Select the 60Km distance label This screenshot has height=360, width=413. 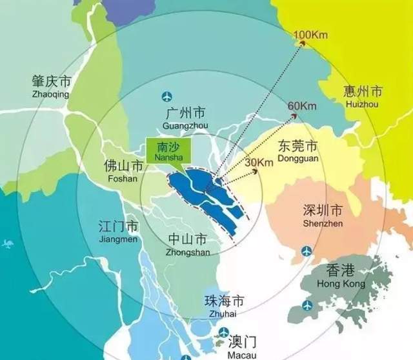(301, 106)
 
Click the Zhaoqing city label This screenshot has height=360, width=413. (50, 88)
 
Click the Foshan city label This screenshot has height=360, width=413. (121, 170)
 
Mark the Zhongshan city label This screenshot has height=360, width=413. (188, 244)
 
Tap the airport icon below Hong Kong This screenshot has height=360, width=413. (307, 303)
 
